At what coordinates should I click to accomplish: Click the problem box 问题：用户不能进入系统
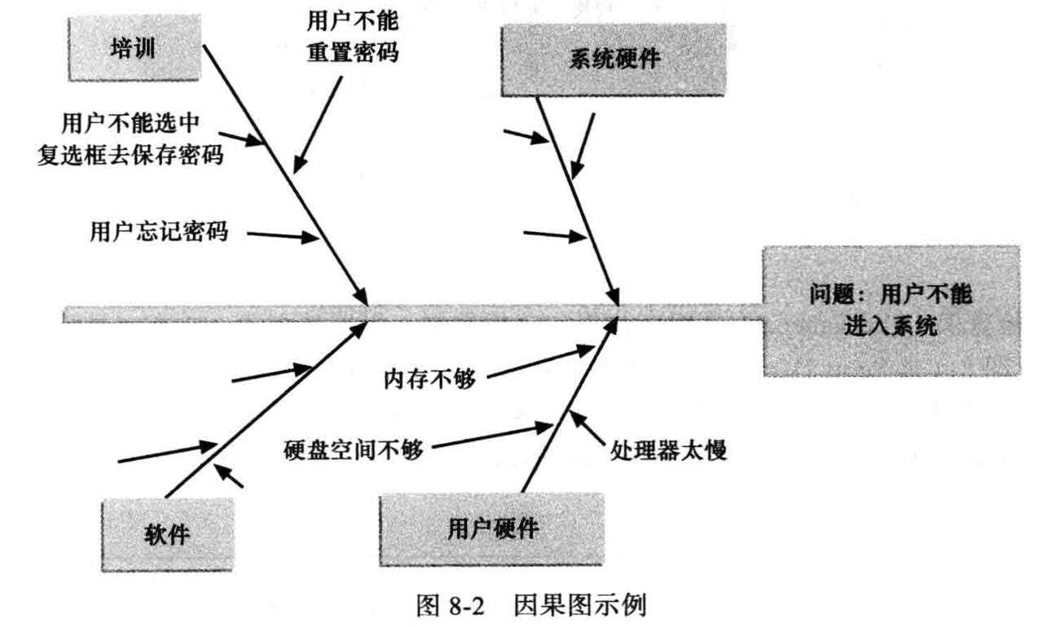[891, 311]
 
